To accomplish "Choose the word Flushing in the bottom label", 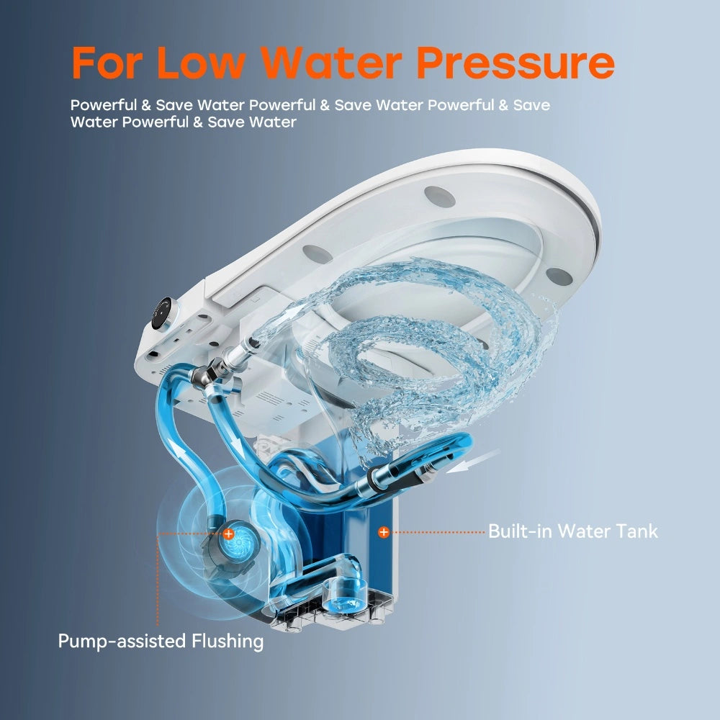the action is [228, 641].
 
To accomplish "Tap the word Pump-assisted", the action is [122, 641].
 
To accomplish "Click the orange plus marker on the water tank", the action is [384, 532].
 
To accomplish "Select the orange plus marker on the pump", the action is [228, 534].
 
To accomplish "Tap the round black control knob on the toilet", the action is [163, 314].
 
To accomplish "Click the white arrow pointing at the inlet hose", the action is [473, 461].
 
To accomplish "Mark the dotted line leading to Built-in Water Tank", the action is [438, 532].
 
